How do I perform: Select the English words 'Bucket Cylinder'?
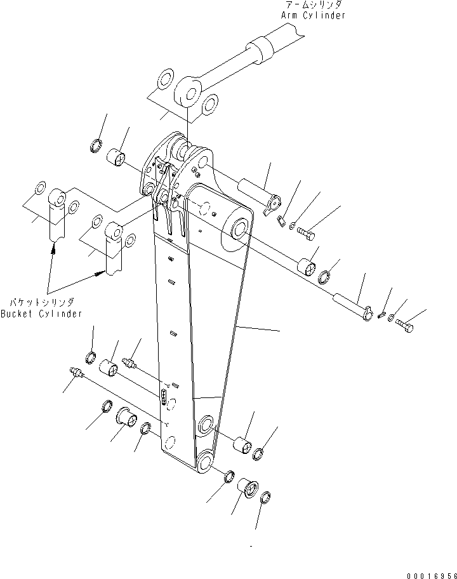click(x=42, y=314)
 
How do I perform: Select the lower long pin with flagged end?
click(x=352, y=307)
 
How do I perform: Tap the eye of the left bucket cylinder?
click(x=58, y=199)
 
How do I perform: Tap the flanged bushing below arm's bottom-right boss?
click(x=247, y=489)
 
